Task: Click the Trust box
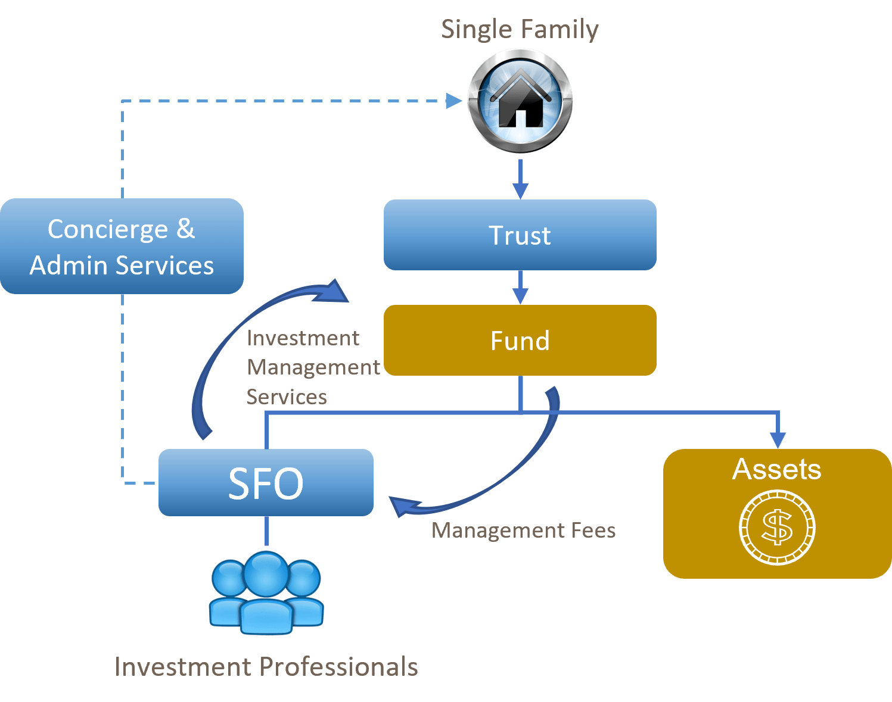(520, 235)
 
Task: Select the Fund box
(520, 340)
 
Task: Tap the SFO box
(266, 482)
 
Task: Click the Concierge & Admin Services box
(122, 246)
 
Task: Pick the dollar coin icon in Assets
(777, 528)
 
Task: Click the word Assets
(776, 469)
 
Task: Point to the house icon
(520, 100)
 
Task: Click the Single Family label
(520, 29)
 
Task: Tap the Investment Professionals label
(266, 667)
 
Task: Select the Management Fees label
(523, 530)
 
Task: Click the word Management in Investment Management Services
(313, 367)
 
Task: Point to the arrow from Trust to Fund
(520, 287)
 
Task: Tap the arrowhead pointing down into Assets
(778, 439)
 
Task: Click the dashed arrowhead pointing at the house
(454, 101)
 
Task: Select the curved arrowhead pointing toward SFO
(402, 506)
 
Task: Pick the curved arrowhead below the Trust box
(334, 291)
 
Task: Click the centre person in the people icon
(266, 592)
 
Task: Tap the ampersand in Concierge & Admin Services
(185, 229)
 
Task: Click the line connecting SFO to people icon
(266, 531)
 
